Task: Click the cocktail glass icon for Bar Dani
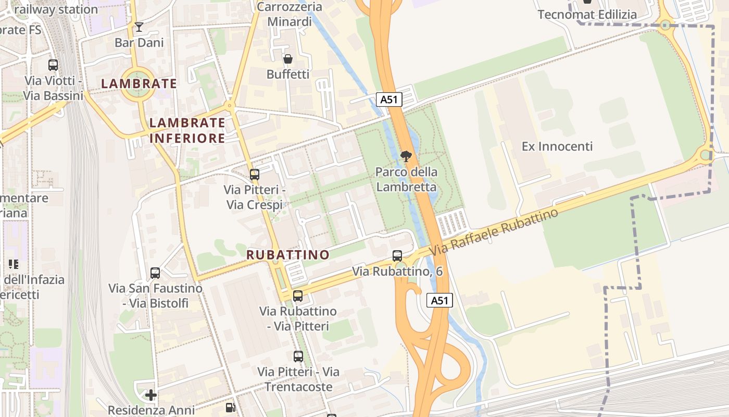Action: (x=139, y=27)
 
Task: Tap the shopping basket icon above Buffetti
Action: (x=287, y=59)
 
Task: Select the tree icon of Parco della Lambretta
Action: (x=406, y=156)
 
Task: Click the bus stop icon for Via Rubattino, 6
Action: (x=397, y=256)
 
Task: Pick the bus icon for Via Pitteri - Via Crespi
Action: (x=255, y=175)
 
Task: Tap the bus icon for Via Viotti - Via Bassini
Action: (x=53, y=65)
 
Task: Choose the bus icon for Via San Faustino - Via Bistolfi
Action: (x=155, y=273)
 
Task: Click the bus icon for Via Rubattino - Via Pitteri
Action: (x=298, y=296)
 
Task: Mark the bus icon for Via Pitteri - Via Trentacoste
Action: (x=298, y=357)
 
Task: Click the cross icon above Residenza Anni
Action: (x=151, y=395)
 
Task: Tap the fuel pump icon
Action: (x=231, y=408)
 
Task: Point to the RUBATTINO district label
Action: (x=288, y=255)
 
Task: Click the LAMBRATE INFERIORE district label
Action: (x=187, y=130)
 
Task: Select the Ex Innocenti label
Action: (x=557, y=146)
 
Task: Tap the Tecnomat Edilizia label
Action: (x=587, y=15)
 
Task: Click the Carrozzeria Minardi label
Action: (x=290, y=14)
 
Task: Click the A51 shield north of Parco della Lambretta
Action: (x=389, y=100)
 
